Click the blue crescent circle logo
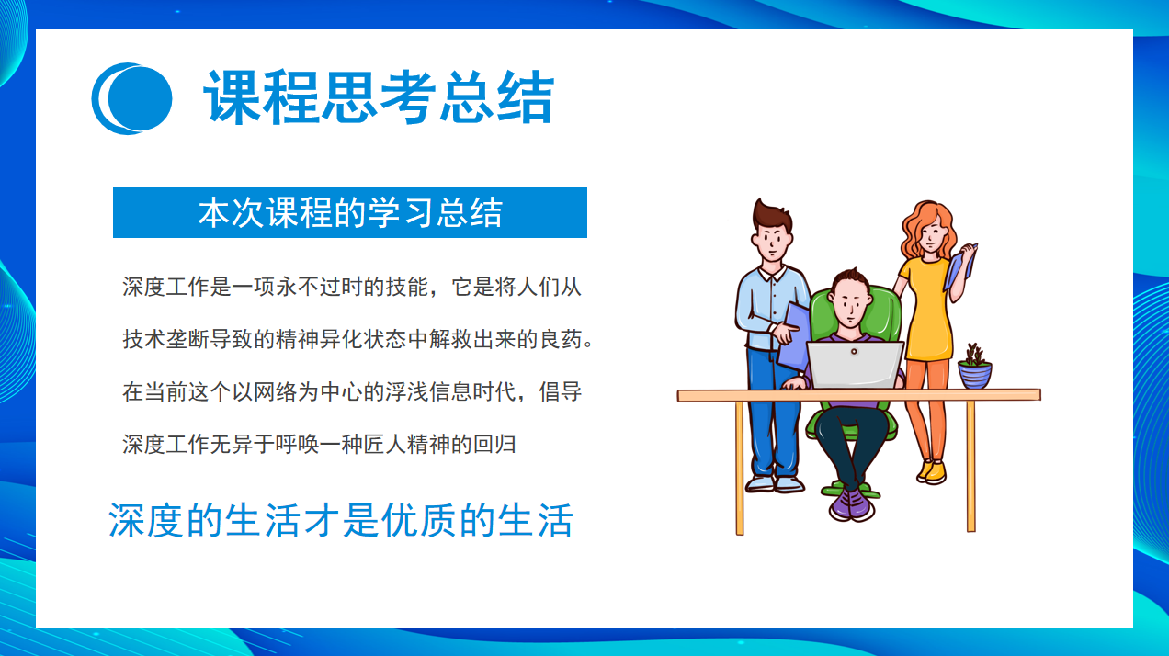pyautogui.click(x=131, y=98)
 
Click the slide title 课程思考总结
pyautogui.click(x=379, y=97)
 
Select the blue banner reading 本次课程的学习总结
pyautogui.click(x=349, y=212)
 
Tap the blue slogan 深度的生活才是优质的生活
pyautogui.click(x=340, y=520)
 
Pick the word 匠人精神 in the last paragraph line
pyautogui.click(x=406, y=445)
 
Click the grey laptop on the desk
pyautogui.click(x=855, y=365)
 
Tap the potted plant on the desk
pyautogui.click(x=974, y=367)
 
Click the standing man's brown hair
pyautogui.click(x=772, y=216)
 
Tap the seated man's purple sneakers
pyautogui.click(x=852, y=504)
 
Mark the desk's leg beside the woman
pyautogui.click(x=970, y=466)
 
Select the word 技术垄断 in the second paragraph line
pyautogui.click(x=166, y=339)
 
